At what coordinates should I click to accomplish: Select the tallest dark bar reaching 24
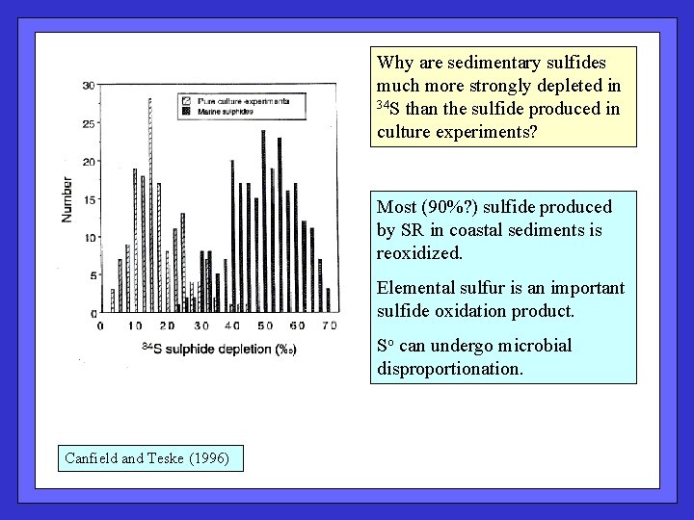tap(263, 221)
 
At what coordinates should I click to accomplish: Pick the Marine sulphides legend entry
tap(226, 112)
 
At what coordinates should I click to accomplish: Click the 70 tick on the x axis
tap(331, 326)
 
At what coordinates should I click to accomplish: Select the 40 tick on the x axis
tap(232, 326)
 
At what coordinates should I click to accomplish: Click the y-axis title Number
tap(67, 198)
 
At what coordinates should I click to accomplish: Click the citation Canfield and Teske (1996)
tap(147, 458)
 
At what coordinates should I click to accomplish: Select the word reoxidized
tap(419, 253)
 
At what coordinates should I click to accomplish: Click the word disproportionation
tap(450, 367)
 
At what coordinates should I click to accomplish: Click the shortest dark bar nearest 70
tap(328, 299)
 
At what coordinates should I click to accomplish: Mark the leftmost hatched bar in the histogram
tap(112, 300)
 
